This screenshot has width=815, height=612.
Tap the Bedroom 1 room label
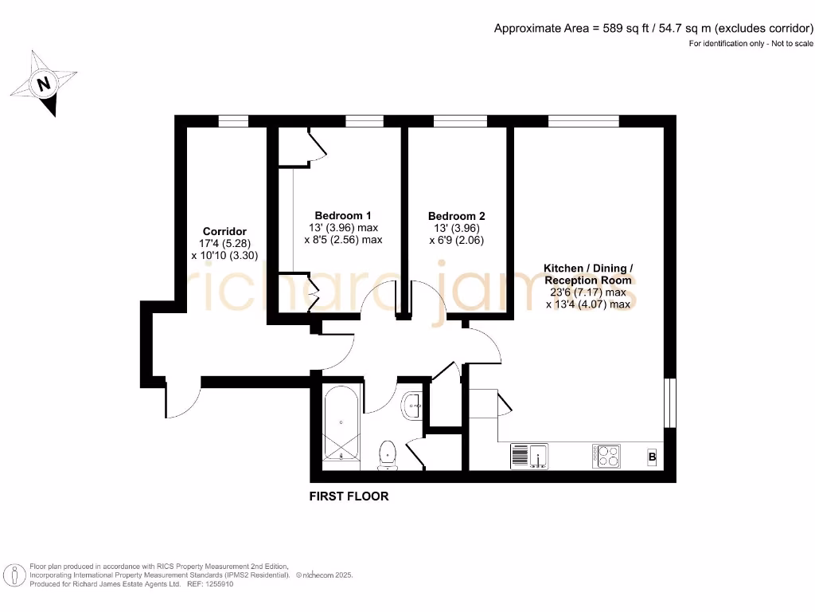click(x=343, y=215)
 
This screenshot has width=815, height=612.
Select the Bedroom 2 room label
click(x=456, y=216)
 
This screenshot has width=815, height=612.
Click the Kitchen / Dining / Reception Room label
click(x=588, y=274)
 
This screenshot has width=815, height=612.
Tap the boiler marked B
click(x=652, y=457)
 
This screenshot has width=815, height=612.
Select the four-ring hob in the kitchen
click(x=606, y=456)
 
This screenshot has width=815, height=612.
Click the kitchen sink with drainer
click(x=529, y=457)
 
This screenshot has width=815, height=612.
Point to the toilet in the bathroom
click(x=388, y=453)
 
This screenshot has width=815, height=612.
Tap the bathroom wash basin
click(x=412, y=405)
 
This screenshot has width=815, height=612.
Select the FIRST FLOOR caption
click(x=349, y=496)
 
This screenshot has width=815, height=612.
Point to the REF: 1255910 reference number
click(x=209, y=584)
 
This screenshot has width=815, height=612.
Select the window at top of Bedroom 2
click(x=460, y=121)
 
